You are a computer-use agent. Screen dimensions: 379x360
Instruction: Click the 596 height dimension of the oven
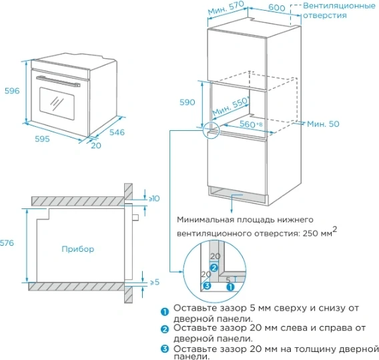[12, 91]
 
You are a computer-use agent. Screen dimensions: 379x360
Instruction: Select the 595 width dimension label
[42, 139]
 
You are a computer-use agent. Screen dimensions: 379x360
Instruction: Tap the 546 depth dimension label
[117, 132]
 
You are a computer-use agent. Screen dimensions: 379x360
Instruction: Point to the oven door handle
[58, 81]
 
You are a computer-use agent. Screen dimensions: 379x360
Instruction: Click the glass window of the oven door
[57, 104]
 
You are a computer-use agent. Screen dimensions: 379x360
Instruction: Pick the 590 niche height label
[187, 102]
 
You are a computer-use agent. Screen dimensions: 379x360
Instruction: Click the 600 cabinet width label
[277, 7]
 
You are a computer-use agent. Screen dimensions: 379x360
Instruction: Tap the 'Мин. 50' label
[323, 124]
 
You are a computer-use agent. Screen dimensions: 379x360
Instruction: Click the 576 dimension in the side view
[7, 243]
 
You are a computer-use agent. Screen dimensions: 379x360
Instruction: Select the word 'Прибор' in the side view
[78, 249]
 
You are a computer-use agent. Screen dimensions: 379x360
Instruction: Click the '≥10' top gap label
[154, 198]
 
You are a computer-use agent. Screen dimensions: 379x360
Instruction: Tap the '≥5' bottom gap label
[155, 282]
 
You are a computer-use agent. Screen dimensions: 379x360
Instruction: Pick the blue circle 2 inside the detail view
[214, 268]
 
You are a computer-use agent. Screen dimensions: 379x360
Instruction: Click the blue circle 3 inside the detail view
[207, 286]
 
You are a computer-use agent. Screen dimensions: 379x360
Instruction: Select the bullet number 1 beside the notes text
[165, 312]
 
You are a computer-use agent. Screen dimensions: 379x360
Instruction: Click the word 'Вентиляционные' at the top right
[339, 6]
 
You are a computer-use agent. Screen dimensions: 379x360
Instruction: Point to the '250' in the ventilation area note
[310, 234]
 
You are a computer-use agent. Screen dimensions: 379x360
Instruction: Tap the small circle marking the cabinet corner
[211, 130]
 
